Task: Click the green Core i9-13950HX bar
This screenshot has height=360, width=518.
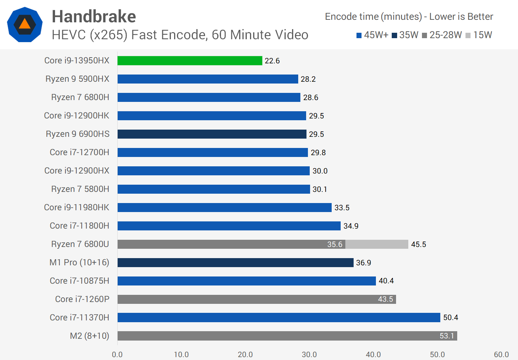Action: [190, 60]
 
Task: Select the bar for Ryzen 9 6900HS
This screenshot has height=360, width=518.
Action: [212, 134]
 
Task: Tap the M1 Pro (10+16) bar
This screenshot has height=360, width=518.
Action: [235, 262]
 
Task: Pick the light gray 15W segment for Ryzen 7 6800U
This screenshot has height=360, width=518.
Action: [377, 244]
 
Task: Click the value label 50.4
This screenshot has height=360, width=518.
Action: [450, 318]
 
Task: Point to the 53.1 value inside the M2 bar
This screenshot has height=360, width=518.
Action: [447, 336]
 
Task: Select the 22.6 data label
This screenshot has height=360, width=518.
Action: [272, 61]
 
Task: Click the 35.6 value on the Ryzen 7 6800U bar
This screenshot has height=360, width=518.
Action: [335, 244]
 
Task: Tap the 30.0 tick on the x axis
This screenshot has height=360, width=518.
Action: [309, 355]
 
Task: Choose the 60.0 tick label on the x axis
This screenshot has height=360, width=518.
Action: [501, 355]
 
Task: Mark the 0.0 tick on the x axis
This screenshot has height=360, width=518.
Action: [117, 355]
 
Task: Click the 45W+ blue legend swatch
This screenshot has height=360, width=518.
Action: [359, 35]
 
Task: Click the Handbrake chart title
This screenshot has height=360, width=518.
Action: [94, 17]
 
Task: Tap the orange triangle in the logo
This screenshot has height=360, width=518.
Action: [24, 24]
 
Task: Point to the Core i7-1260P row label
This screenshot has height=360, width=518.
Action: [82, 299]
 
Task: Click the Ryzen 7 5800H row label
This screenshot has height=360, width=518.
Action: [80, 189]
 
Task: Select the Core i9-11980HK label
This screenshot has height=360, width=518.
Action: [76, 207]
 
